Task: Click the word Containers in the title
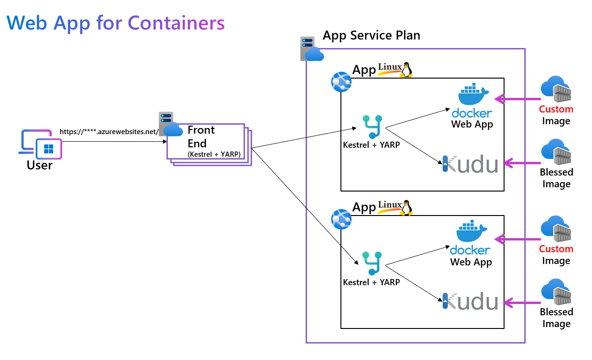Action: pyautogui.click(x=176, y=23)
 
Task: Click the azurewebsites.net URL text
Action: pyautogui.click(x=110, y=132)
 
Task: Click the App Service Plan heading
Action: pyautogui.click(x=371, y=35)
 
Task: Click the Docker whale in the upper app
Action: pyautogui.click(x=473, y=96)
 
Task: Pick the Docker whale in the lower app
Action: pyautogui.click(x=472, y=232)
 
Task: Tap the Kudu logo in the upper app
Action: pyautogui.click(x=470, y=164)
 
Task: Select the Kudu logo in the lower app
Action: pyautogui.click(x=470, y=301)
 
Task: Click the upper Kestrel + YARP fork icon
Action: pyautogui.click(x=372, y=127)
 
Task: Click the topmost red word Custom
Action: pyautogui.click(x=556, y=109)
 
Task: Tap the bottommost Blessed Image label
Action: pyautogui.click(x=556, y=318)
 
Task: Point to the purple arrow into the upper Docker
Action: pyautogui.click(x=517, y=99)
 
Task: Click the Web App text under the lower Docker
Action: pyautogui.click(x=471, y=262)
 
